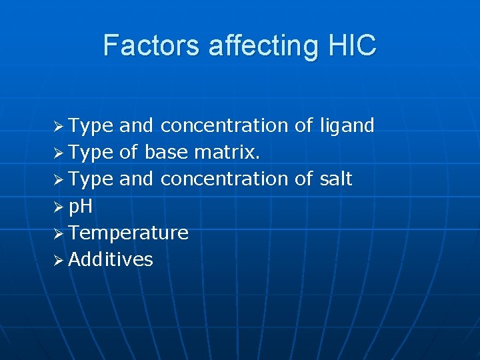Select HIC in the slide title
(x=353, y=46)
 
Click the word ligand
(x=347, y=125)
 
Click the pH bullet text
(x=81, y=207)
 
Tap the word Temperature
(x=128, y=233)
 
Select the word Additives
(x=111, y=260)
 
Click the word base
(x=166, y=153)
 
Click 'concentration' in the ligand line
(x=224, y=125)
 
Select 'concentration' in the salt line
(x=224, y=179)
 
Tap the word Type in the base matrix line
(x=91, y=153)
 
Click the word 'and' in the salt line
(x=137, y=179)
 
